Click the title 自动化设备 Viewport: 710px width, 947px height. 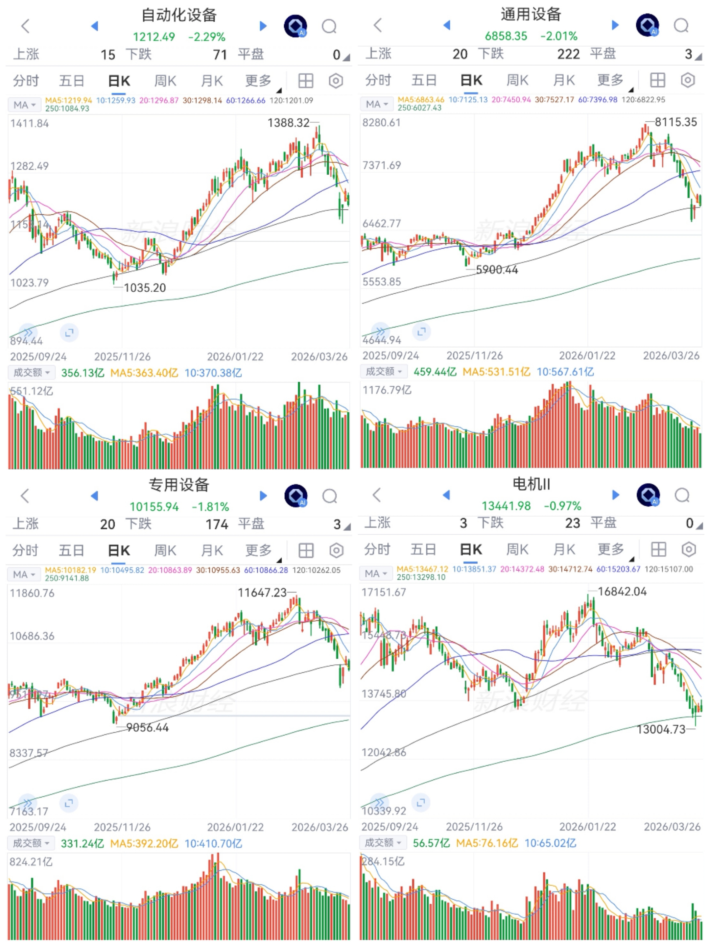179,15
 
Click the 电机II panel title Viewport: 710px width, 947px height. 531,484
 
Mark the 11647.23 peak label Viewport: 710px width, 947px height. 262,593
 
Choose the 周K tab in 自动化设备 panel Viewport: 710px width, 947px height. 165,81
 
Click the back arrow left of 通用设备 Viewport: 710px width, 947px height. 377,25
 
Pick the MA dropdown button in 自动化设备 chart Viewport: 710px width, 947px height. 24,105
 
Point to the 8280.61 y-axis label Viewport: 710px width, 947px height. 381,123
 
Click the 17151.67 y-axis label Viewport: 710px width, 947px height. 384,593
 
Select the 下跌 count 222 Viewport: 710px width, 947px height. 568,54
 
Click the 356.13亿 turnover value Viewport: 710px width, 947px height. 83,373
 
